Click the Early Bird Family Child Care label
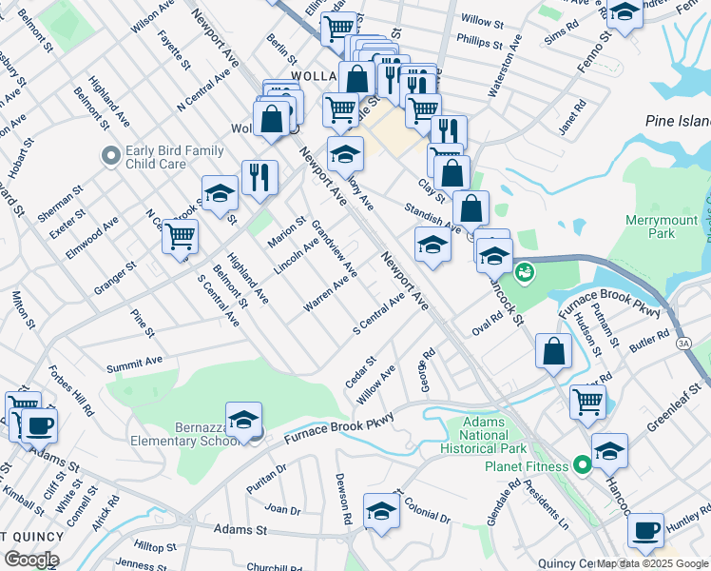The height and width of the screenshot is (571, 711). click(x=175, y=157)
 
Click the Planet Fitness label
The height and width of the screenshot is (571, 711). click(x=526, y=466)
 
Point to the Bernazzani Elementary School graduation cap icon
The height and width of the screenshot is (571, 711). click(x=243, y=420)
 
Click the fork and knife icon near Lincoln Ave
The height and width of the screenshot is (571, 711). click(x=259, y=176)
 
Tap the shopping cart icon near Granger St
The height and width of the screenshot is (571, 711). click(x=180, y=235)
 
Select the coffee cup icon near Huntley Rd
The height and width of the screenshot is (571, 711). click(x=646, y=530)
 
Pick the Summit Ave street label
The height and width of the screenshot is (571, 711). click(x=135, y=364)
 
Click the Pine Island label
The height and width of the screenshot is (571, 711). click(x=678, y=121)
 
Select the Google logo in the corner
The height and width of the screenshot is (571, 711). click(x=31, y=559)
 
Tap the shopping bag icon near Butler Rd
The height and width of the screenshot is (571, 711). click(x=553, y=351)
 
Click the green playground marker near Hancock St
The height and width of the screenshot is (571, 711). click(x=523, y=273)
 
